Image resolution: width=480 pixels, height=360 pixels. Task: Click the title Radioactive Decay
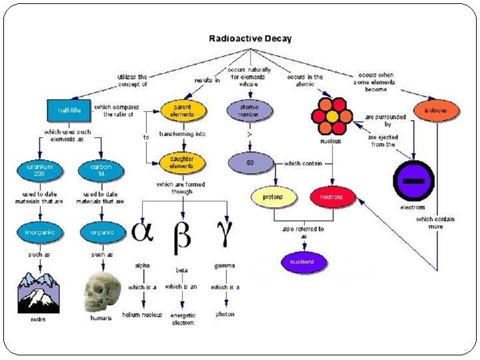coord(250,39)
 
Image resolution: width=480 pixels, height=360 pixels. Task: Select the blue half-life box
coord(69,110)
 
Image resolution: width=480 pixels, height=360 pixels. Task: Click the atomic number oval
coord(249,109)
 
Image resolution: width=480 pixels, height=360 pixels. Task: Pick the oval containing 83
coord(249,163)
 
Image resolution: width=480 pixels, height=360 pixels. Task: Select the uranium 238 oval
coord(41,170)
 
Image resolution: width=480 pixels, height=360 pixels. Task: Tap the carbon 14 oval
coord(101,170)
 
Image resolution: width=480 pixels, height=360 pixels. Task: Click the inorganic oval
coord(41,233)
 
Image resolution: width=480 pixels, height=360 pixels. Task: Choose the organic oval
coord(101,233)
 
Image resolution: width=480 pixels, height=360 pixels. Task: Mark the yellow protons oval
coord(273,197)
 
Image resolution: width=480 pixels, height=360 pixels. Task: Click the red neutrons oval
coord(333,197)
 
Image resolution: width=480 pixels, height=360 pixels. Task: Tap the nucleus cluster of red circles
coord(331,117)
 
